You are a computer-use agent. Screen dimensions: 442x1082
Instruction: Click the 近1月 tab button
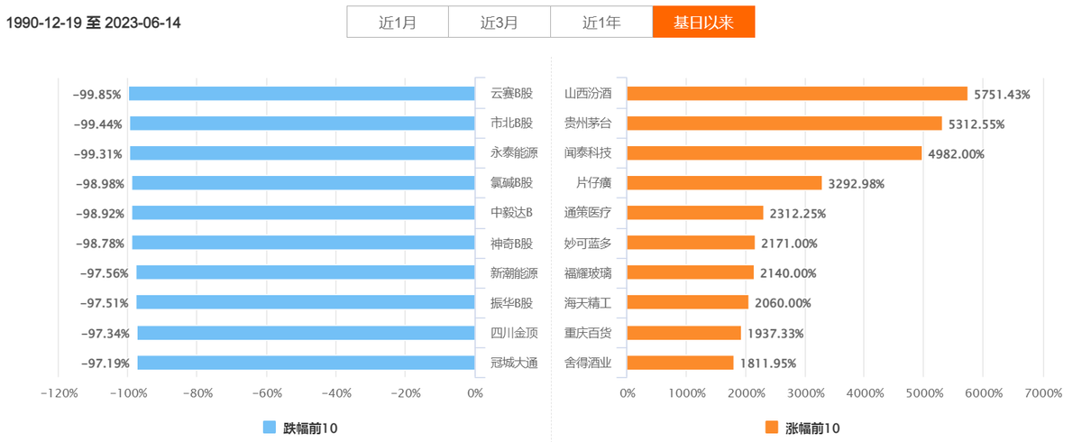point(398,23)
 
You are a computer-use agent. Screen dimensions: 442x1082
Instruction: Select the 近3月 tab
point(500,23)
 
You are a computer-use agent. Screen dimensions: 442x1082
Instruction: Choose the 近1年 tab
point(601,23)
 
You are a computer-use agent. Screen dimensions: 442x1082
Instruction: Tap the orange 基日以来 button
point(703,23)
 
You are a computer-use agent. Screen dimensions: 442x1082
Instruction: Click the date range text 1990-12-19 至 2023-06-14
point(94,23)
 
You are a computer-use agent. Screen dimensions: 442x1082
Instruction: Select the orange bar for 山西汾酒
point(797,94)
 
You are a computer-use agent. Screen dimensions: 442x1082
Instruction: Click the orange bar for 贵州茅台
point(784,124)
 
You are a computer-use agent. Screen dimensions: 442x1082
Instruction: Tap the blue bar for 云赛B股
point(302,94)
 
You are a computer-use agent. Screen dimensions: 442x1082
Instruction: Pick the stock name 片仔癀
point(593,183)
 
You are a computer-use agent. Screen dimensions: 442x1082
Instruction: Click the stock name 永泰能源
point(514,153)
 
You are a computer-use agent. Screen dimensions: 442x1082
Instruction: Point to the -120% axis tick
point(60,393)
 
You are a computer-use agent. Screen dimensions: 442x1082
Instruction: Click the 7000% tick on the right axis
point(1042,393)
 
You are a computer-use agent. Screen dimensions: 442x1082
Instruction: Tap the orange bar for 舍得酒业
point(681,363)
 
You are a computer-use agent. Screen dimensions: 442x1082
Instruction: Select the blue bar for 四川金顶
point(307,333)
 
